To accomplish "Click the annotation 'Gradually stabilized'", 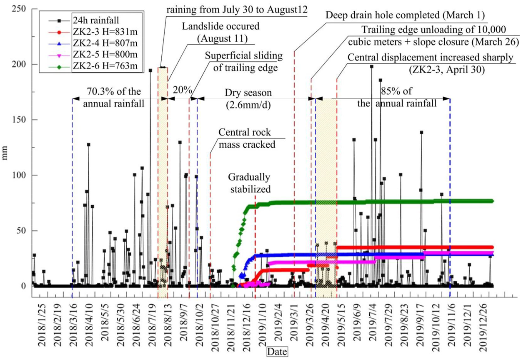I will click(249, 183).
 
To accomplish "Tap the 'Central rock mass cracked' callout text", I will click(247, 138).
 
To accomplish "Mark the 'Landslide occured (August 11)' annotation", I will click(220, 32).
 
